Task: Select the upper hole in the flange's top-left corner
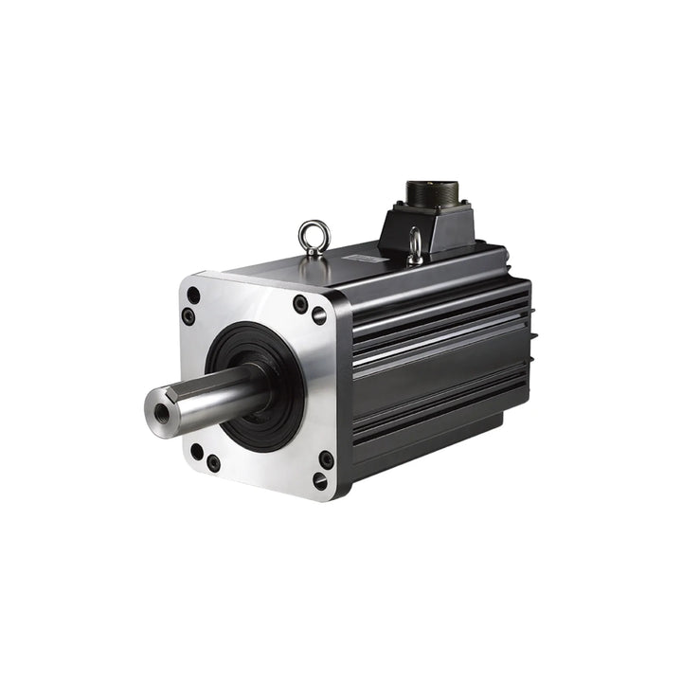point(193,296)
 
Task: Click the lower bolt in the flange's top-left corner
point(188,316)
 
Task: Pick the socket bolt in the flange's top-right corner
point(300,304)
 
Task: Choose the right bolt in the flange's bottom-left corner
point(213,463)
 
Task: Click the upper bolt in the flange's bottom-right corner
point(326,459)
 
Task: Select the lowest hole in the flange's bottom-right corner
point(320,481)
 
